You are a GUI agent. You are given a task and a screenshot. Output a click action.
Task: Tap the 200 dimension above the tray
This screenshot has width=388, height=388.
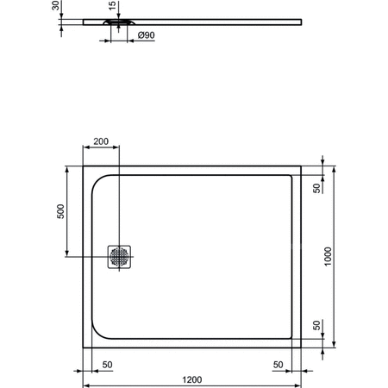point(101,141)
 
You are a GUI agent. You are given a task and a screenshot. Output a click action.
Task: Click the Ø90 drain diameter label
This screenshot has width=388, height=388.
point(146,36)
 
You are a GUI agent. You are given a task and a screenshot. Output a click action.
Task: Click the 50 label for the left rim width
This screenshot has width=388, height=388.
point(107,365)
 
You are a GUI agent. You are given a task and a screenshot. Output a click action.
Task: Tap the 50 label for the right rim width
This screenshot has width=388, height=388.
point(278,365)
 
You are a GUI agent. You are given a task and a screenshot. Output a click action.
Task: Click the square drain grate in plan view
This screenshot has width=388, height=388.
point(119,256)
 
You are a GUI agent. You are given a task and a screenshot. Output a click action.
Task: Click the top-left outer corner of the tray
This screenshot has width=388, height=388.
point(83,166)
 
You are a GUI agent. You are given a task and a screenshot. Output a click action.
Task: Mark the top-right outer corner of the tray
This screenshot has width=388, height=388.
point(303,166)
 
